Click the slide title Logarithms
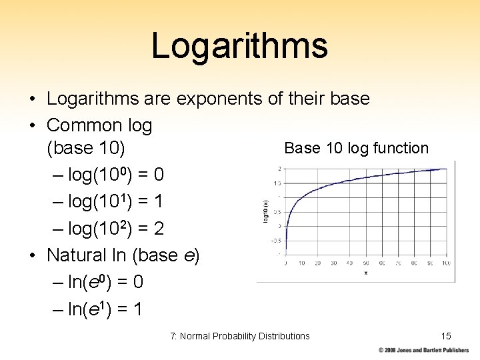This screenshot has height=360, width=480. point(239,46)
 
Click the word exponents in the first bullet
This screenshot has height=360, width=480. point(219,99)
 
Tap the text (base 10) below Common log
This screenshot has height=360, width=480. point(89,148)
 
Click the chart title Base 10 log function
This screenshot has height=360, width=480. point(356,148)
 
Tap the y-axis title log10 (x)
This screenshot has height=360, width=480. point(265,211)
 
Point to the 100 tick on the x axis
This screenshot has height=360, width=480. point(446,264)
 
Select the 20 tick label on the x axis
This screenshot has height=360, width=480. point(317,264)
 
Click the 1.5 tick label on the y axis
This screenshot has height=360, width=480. point(275,183)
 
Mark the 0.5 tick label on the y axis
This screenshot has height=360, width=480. point(275,211)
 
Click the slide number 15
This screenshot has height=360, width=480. point(446,336)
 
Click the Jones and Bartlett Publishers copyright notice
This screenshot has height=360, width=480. point(424,350)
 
